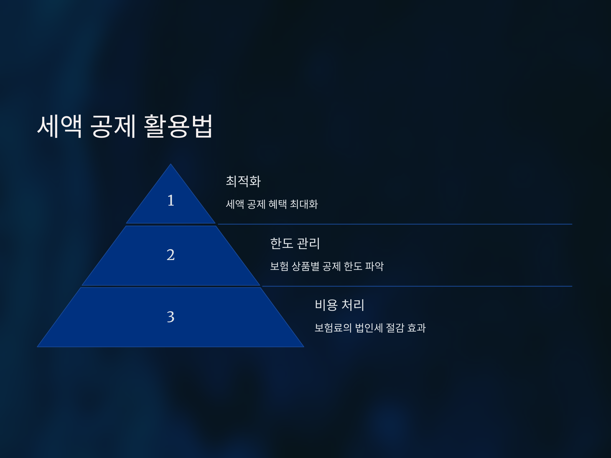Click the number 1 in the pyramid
click(x=171, y=201)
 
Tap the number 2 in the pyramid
click(x=171, y=254)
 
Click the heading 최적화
click(x=243, y=181)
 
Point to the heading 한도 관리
click(x=295, y=244)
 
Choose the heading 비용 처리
click(x=339, y=305)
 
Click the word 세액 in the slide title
click(x=60, y=126)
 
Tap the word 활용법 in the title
click(x=178, y=126)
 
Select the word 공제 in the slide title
click(x=113, y=126)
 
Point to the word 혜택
click(x=277, y=204)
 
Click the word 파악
click(x=374, y=266)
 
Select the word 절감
click(x=395, y=328)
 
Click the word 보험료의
click(x=333, y=328)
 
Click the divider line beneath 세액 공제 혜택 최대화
click(x=395, y=224)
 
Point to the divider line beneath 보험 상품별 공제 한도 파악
click(x=417, y=286)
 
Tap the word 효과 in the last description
click(x=416, y=328)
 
